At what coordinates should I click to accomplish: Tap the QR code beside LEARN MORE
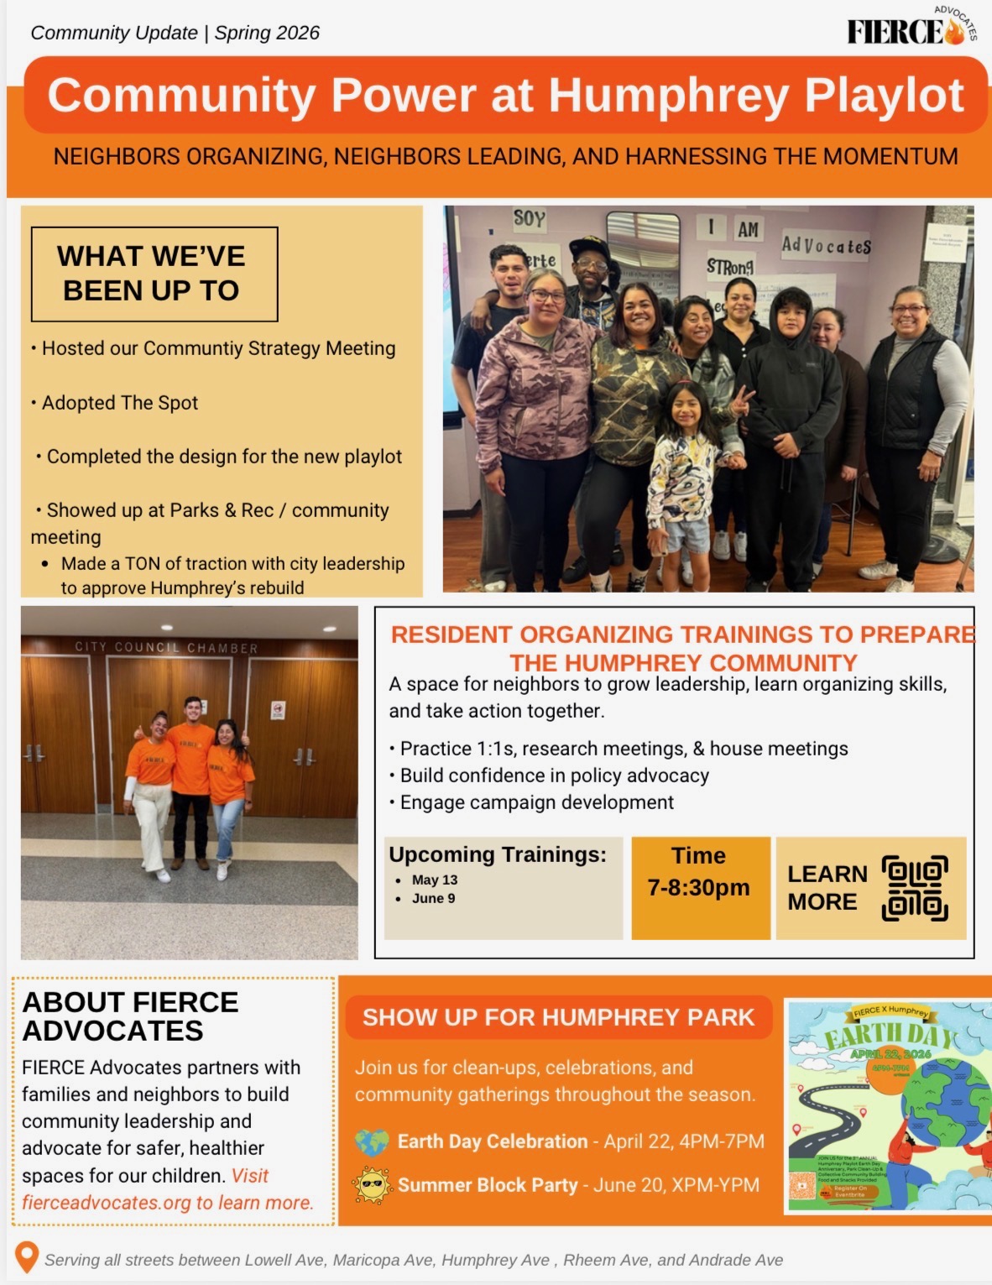point(915,888)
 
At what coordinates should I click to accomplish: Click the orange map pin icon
point(27,1257)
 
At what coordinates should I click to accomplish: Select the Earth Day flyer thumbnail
point(888,1106)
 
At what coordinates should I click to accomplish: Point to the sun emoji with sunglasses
point(372,1185)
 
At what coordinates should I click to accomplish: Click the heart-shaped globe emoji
point(372,1141)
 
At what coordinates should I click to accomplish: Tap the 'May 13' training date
point(434,880)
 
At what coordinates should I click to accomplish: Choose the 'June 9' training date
point(433,898)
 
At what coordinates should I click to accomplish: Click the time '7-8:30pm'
point(698,887)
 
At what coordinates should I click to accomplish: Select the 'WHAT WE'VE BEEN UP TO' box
point(154,274)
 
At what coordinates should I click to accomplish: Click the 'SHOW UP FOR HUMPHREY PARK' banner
point(558,1017)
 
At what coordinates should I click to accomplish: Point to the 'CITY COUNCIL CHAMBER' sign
point(166,647)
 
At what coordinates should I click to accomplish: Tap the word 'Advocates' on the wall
point(826,245)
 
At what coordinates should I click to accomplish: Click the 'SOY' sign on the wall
point(529,220)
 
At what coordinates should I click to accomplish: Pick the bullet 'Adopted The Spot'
point(120,403)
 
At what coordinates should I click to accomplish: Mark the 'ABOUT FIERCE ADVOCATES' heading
point(130,1016)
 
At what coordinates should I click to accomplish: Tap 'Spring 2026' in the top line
point(267,33)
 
